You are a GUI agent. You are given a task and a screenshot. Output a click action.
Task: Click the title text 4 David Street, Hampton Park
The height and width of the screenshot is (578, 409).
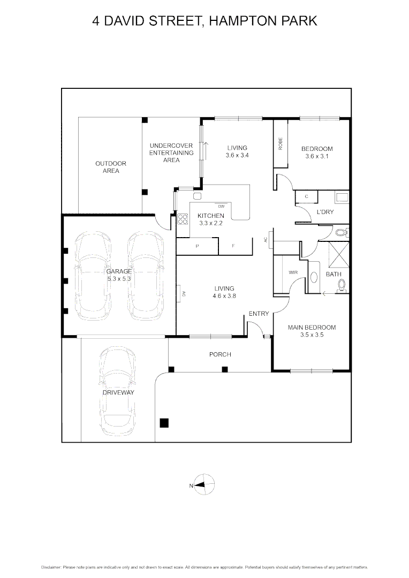pyautogui.click(x=205, y=21)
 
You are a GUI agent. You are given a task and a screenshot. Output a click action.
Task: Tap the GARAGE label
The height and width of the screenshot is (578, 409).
pyautogui.click(x=118, y=271)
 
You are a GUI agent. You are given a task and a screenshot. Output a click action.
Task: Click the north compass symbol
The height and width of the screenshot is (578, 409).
pyautogui.click(x=204, y=485)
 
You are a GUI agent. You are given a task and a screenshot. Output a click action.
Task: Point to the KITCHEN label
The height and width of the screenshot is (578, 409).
pyautogui.click(x=210, y=216)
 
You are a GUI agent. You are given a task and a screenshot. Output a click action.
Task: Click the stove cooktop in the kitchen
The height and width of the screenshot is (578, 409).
pyautogui.click(x=183, y=219)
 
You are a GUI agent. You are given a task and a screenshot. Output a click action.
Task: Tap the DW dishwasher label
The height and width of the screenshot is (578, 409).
pyautogui.click(x=221, y=206)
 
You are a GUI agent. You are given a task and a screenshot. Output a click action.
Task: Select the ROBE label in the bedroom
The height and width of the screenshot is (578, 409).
pyautogui.click(x=280, y=143)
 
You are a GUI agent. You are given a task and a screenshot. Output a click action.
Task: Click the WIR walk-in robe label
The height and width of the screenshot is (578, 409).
pyautogui.click(x=293, y=272)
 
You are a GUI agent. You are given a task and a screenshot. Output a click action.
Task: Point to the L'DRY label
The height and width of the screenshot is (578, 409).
pyautogui.click(x=325, y=212)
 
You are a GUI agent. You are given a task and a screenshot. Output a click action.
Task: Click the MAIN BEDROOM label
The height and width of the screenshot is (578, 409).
pyautogui.click(x=312, y=328)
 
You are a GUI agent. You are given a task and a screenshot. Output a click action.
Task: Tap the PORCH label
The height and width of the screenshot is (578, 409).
pyautogui.click(x=219, y=354)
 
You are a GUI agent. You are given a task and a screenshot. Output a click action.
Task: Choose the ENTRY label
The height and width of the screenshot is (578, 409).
pyautogui.click(x=259, y=314)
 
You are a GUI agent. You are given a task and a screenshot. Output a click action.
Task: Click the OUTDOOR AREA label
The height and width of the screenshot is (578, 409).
pyautogui.click(x=111, y=167)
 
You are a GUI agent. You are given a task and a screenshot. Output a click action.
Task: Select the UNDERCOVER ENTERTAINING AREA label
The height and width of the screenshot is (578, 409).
pyautogui.click(x=171, y=153)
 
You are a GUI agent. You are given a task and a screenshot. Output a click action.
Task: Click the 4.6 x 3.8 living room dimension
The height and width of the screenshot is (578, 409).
pyautogui.click(x=224, y=295)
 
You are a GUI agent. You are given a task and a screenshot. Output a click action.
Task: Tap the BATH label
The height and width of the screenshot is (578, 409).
pyautogui.click(x=334, y=274)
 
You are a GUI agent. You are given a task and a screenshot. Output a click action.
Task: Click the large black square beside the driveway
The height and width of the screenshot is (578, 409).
pyautogui.click(x=164, y=423)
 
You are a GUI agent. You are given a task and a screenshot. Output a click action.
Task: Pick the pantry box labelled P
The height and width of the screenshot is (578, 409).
pyautogui.click(x=198, y=246)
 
